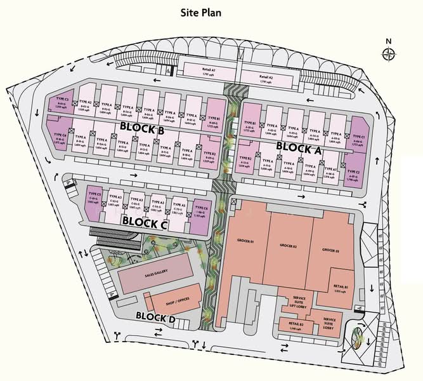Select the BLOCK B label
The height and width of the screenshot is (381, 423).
click(x=142, y=130)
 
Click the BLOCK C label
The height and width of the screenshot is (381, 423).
click(x=144, y=222)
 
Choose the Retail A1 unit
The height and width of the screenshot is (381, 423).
click(x=210, y=73)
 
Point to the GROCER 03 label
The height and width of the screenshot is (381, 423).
click(x=330, y=250)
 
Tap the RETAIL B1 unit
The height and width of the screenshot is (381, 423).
click(x=342, y=288)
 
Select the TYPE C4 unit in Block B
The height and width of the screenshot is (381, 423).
click(x=60, y=138)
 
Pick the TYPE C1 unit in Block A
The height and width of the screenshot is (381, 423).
click(x=358, y=140)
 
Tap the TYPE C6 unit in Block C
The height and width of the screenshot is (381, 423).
click(x=201, y=210)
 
